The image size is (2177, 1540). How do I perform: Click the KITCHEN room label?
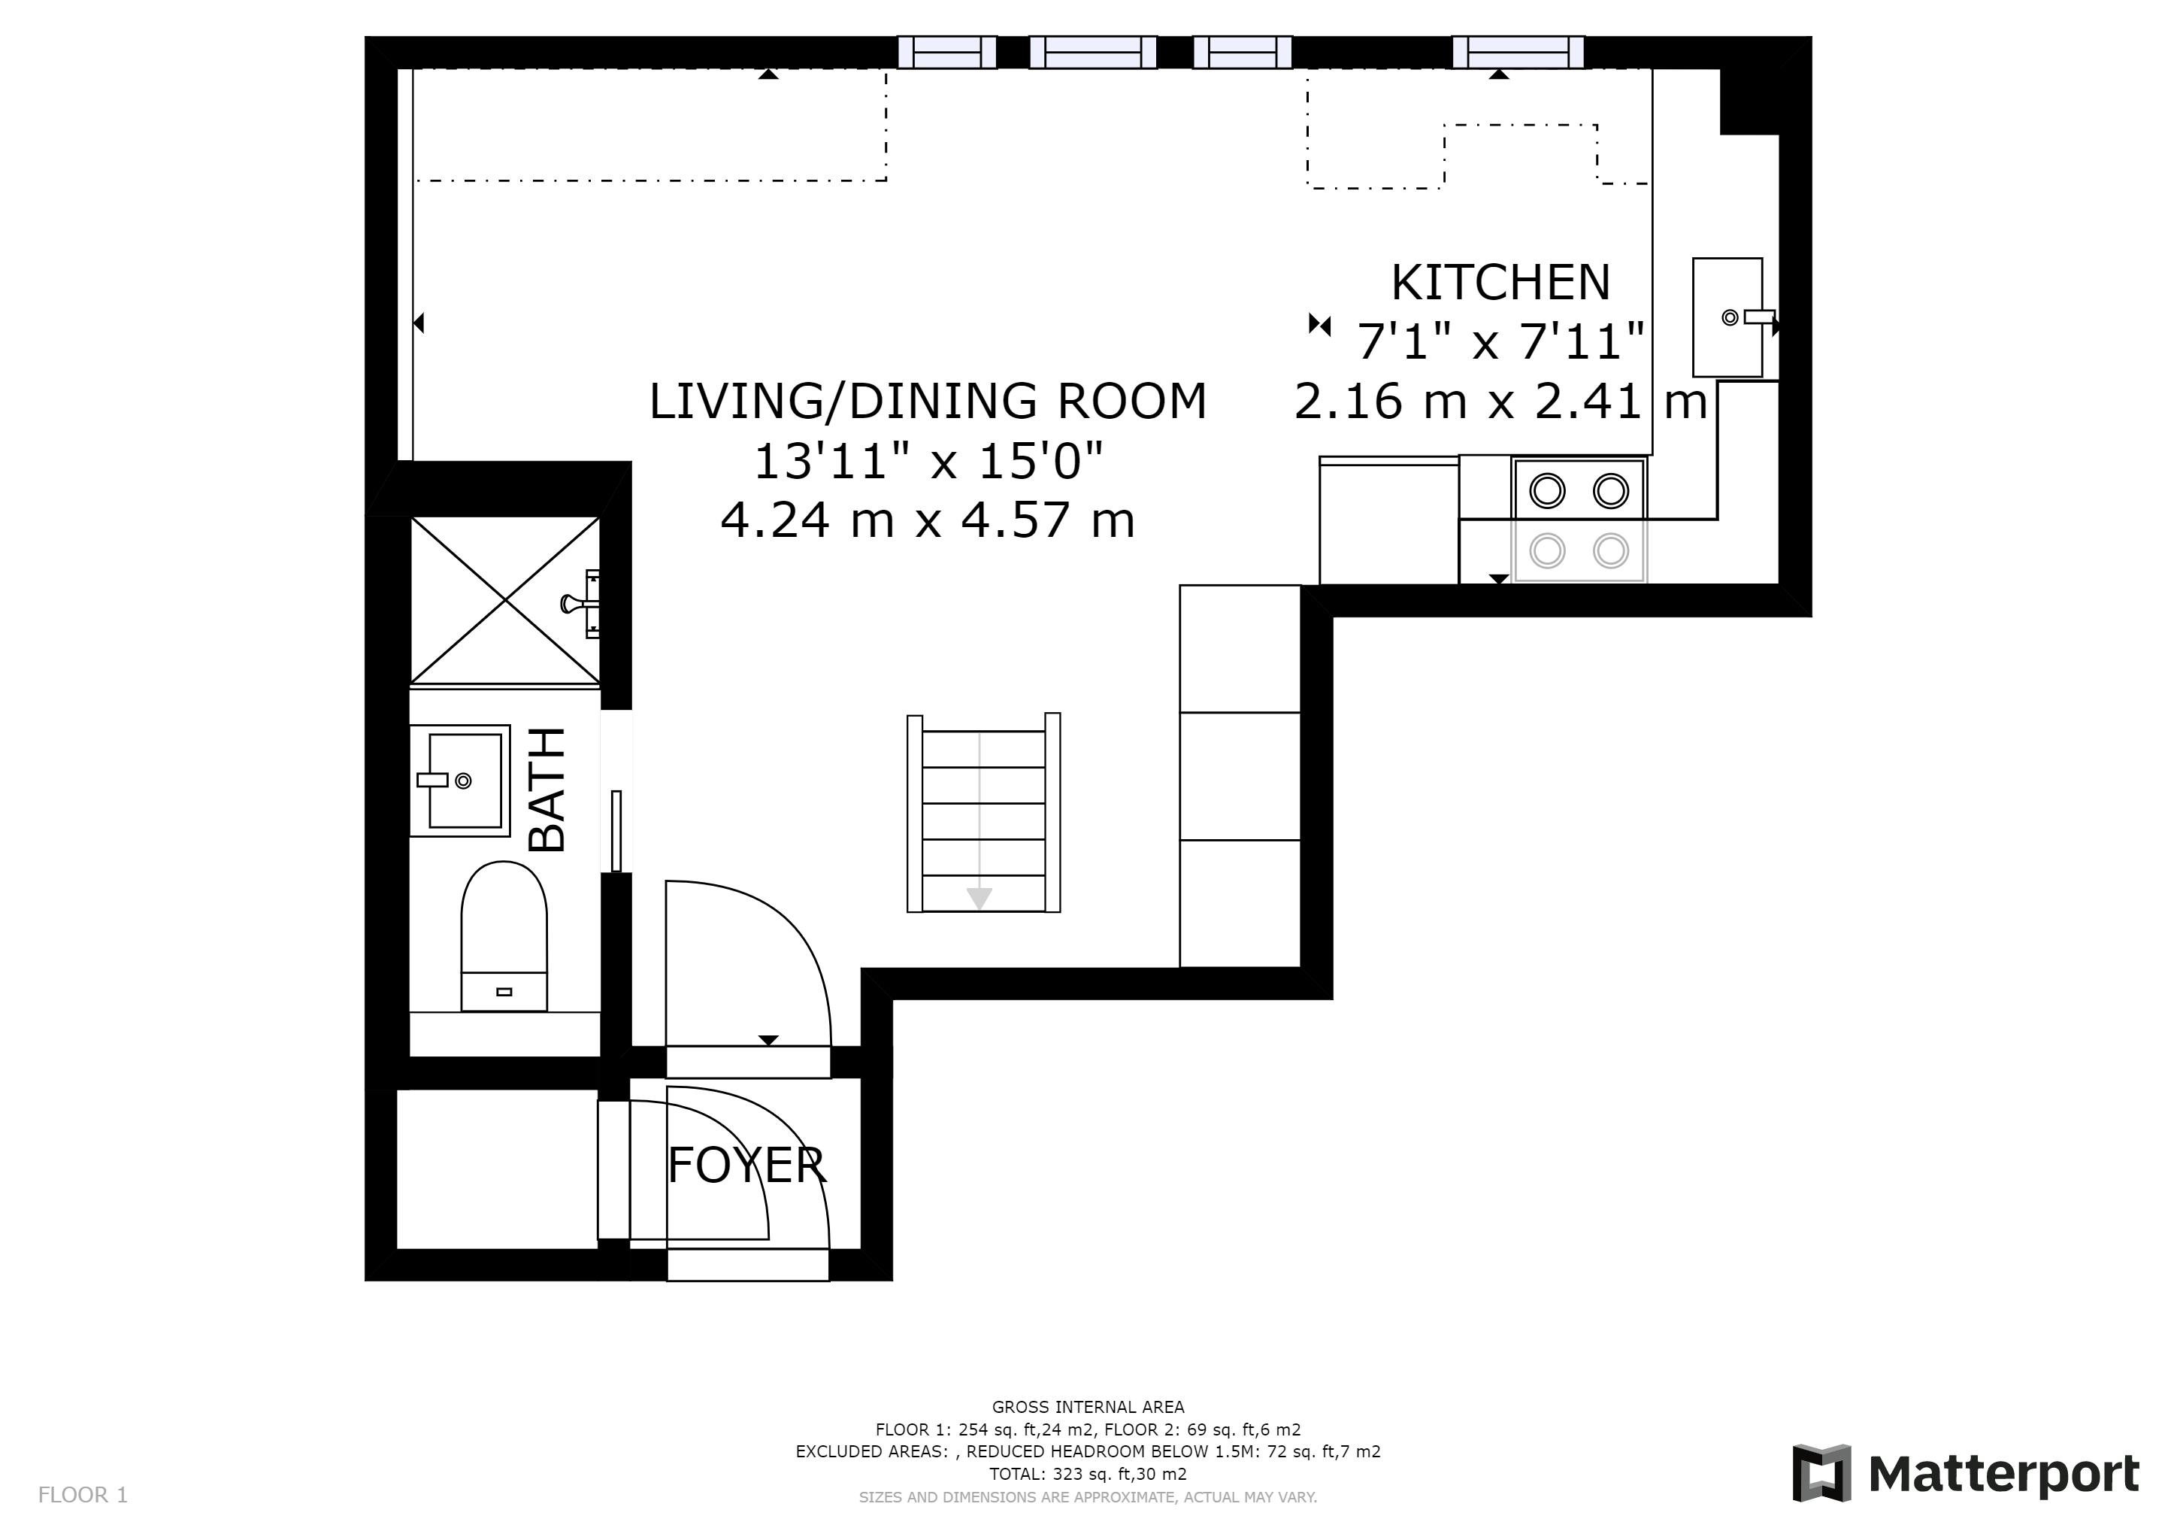[x=1500, y=282]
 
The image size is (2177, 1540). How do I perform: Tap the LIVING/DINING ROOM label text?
[x=928, y=400]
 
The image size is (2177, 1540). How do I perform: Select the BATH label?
[x=547, y=789]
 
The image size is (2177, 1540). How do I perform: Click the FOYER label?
[x=747, y=1165]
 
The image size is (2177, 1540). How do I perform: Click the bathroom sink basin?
[x=460, y=781]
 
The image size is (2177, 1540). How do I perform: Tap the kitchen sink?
[x=1727, y=317]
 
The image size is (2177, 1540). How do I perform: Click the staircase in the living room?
[x=983, y=813]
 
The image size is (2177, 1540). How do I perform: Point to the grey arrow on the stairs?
[x=979, y=897]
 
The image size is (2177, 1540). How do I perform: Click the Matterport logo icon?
[x=1821, y=1472]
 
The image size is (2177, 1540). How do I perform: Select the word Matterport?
[x=2004, y=1475]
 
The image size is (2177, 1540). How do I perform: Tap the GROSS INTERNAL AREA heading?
[x=1088, y=1407]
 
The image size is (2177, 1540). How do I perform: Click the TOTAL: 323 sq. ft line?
[x=1088, y=1475]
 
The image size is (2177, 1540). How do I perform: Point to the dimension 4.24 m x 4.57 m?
[x=928, y=520]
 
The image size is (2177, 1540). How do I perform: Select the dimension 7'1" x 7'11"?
[x=1500, y=341]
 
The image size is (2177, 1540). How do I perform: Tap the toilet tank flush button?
[x=504, y=992]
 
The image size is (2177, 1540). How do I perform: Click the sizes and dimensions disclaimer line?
[x=1088, y=1497]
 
